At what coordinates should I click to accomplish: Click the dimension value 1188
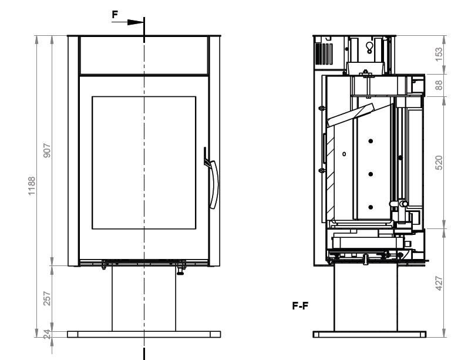[x=31, y=186]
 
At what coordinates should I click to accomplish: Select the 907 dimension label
[x=47, y=150]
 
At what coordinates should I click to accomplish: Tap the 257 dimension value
[x=47, y=298]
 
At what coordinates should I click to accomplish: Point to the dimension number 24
[x=47, y=334]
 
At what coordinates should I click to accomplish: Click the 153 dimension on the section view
[x=439, y=55]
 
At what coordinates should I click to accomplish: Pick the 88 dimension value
[x=439, y=85]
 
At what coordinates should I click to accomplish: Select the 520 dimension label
[x=439, y=163]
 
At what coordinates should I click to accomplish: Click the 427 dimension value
[x=439, y=283]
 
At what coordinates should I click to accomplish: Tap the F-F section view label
[x=300, y=306]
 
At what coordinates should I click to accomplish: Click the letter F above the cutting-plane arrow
[x=115, y=14]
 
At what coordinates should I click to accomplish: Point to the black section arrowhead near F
[x=136, y=22]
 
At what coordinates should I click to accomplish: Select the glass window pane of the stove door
[x=144, y=163]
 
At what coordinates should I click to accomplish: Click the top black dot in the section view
[x=371, y=141]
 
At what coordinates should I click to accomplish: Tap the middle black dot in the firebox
[x=371, y=174]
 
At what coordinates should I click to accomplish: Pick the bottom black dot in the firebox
[x=371, y=207]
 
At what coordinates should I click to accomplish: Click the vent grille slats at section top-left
[x=324, y=54]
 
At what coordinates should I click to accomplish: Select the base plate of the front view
[x=144, y=334]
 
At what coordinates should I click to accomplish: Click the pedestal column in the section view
[x=366, y=297]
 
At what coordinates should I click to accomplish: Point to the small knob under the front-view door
[x=180, y=271]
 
